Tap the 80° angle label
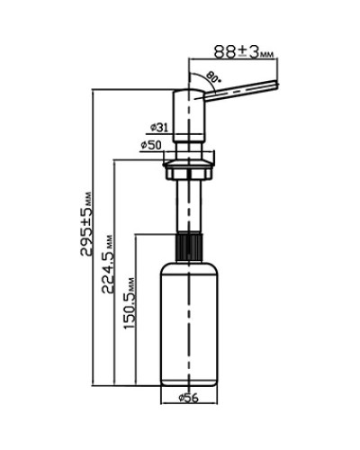(x=214, y=76)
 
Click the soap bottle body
(x=188, y=324)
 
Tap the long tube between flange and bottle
(x=188, y=202)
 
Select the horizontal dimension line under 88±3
(x=233, y=60)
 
